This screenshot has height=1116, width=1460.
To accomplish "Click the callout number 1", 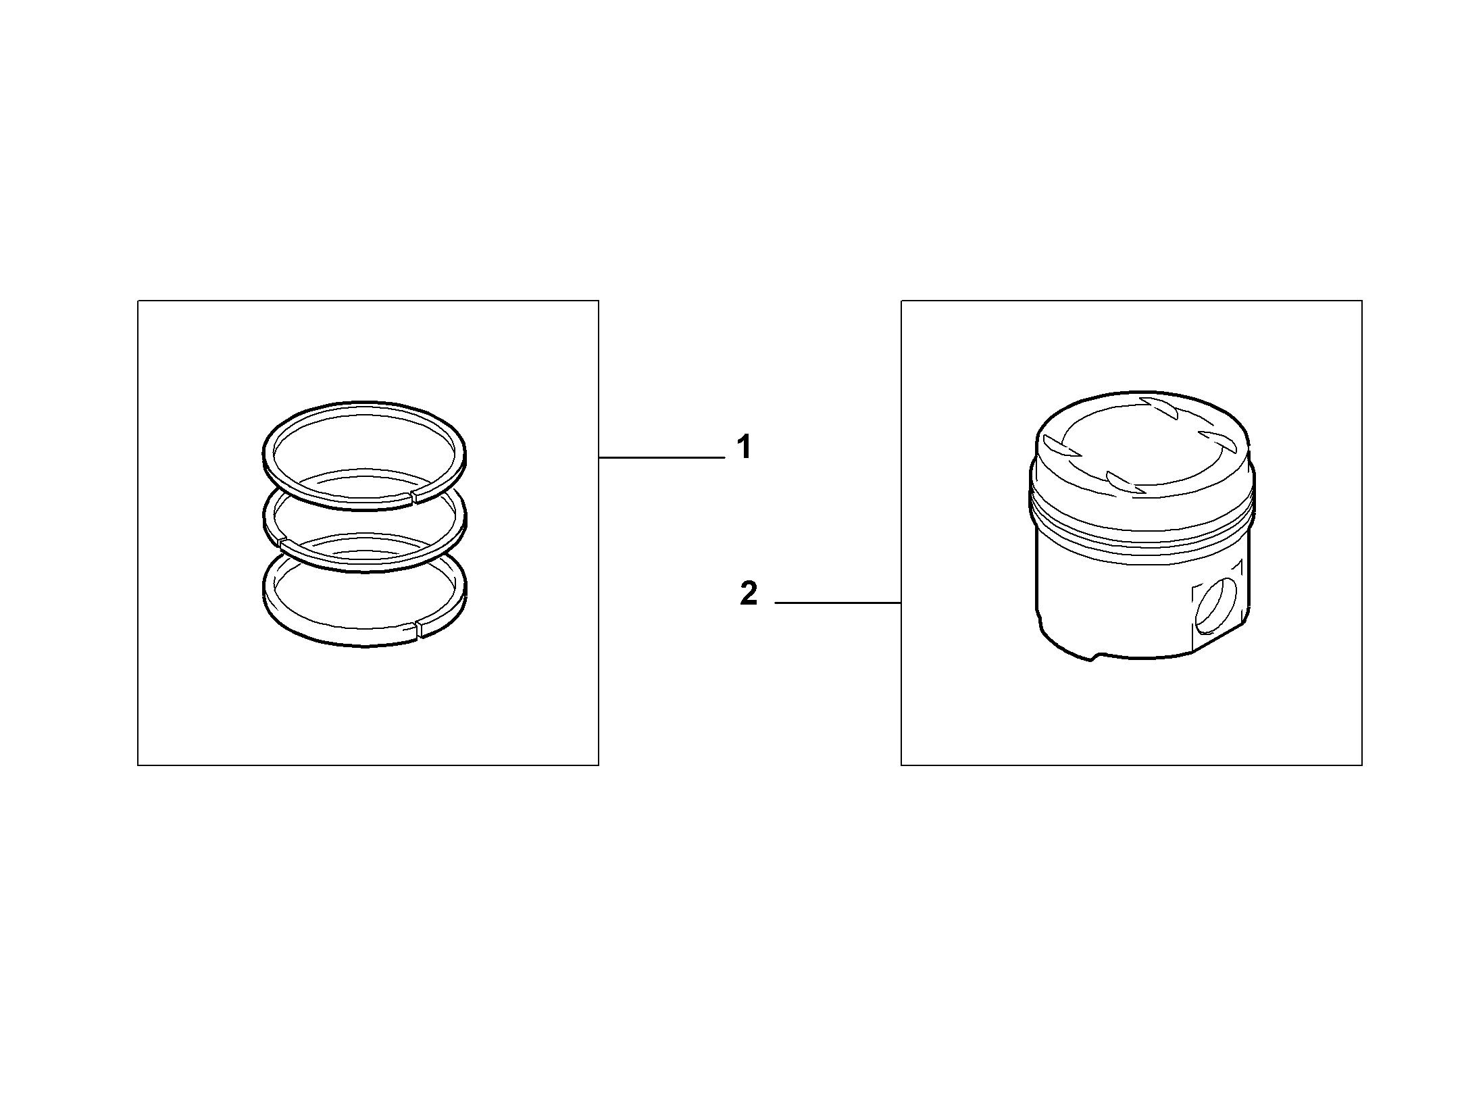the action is coord(745,448).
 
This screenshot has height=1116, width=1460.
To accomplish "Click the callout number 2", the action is coord(749,594).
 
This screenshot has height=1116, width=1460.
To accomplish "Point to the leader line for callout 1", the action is coord(661,458).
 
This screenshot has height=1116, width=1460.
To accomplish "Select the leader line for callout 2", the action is coord(838,602).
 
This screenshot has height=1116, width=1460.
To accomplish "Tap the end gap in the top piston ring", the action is coord(414,499).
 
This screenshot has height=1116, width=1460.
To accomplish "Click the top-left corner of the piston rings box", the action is coord(138,301).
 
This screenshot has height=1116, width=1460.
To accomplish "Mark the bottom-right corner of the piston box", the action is coord(1362,765).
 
